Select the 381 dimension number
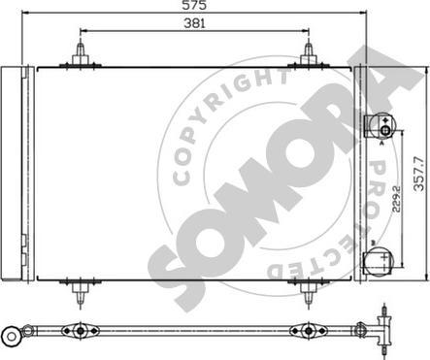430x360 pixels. pos(194,24)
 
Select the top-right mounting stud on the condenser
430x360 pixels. pos(309,53)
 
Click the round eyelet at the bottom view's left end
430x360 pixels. pos(14,336)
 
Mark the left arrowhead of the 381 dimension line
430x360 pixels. pos(81,31)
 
